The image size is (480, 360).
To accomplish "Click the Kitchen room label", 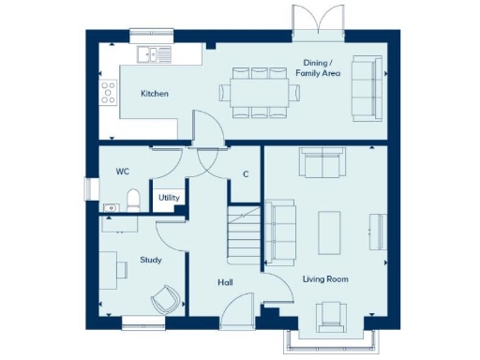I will click(154, 94).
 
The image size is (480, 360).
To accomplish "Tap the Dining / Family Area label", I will click(320, 67).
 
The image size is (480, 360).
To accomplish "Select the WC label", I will click(122, 172).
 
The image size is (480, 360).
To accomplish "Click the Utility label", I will click(169, 198).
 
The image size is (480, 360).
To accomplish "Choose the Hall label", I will click(225, 281).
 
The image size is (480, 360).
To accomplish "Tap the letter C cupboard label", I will click(246, 174).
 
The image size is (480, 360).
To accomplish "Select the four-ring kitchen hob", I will click(108, 92).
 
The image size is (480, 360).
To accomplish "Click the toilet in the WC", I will click(134, 200).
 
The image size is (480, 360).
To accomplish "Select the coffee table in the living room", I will click(329, 229).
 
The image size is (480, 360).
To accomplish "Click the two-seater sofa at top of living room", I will click(321, 163).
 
